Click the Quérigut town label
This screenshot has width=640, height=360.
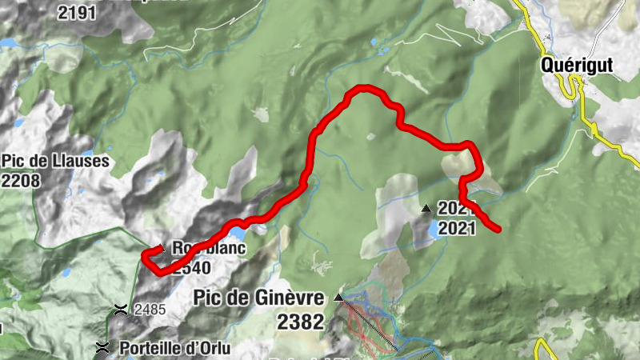(x=576, y=65)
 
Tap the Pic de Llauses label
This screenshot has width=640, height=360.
(x=55, y=161)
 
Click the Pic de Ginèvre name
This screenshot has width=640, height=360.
(x=259, y=298)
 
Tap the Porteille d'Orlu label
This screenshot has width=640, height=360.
(x=174, y=348)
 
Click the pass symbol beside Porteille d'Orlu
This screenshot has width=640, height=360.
(x=103, y=348)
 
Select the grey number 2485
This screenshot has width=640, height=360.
(x=150, y=309)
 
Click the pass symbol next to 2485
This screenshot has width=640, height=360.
(x=121, y=309)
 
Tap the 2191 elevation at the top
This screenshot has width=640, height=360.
(x=78, y=12)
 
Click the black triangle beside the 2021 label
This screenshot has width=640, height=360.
(x=426, y=209)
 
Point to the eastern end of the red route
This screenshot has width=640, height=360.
(x=498, y=230)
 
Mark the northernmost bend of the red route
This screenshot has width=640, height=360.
(x=366, y=86)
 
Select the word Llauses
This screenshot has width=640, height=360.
(x=81, y=161)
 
